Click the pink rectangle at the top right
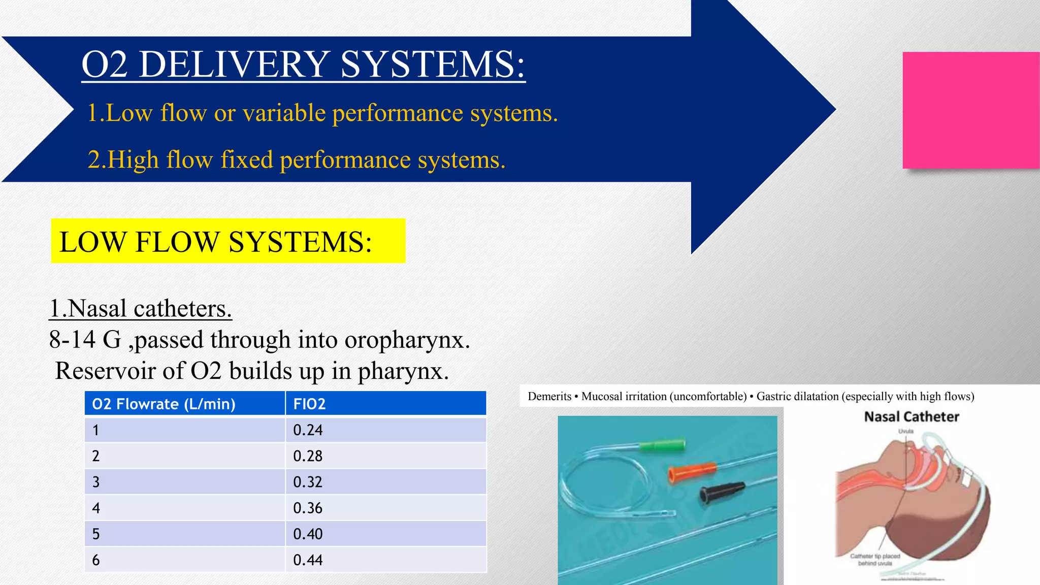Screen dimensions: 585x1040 coord(970,110)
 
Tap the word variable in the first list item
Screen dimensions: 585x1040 coord(284,113)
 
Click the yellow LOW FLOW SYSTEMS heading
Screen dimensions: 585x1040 coord(227,241)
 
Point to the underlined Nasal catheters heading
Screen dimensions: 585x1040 coord(140,308)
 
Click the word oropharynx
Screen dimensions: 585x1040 coord(407,340)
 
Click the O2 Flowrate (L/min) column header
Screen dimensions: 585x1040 coord(164,404)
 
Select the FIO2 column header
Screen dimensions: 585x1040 coord(309,404)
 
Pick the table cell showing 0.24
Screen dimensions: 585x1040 coord(308,430)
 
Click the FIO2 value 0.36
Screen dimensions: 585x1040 coord(308,508)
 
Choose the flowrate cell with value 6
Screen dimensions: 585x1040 coord(96,560)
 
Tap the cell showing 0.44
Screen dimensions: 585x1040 coord(308,560)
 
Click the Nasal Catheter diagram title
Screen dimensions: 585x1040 coord(912,417)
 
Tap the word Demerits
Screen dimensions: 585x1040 coord(549,397)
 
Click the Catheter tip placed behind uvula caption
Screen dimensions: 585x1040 coord(874,560)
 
